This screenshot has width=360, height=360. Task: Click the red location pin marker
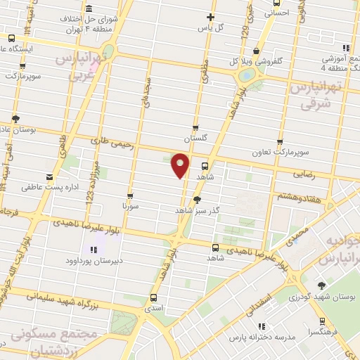(x=181, y=165)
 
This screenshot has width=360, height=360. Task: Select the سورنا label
(x=130, y=207)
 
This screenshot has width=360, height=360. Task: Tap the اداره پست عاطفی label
(x=48, y=188)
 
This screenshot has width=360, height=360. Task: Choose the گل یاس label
(x=211, y=27)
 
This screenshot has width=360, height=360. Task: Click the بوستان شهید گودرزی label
(x=323, y=297)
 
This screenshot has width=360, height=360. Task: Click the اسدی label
(x=153, y=308)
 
